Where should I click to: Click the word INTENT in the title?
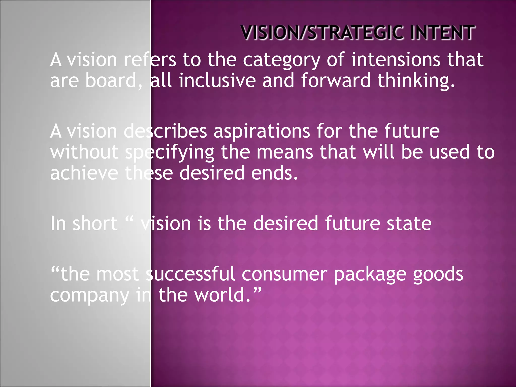442,33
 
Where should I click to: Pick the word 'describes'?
165,131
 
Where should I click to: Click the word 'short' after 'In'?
95,223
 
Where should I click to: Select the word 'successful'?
190,274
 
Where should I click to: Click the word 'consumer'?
284,274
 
